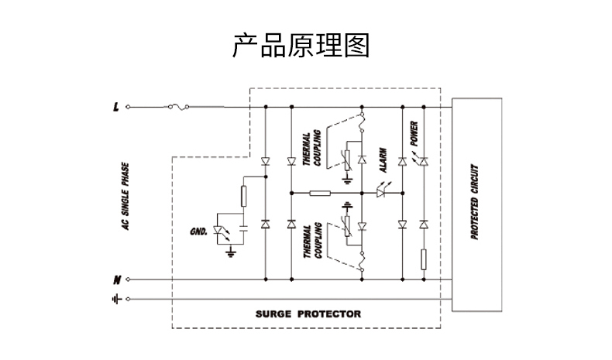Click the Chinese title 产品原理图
pyautogui.click(x=301, y=46)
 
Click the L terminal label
pyautogui.click(x=116, y=106)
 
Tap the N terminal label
pyautogui.click(x=116, y=279)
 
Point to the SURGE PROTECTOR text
pyautogui.click(x=308, y=314)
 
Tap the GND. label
pyautogui.click(x=199, y=231)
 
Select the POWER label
pyautogui.click(x=414, y=134)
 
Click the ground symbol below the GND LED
pyautogui.click(x=229, y=252)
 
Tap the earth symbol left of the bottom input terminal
pyautogui.click(x=116, y=298)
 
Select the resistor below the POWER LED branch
pyautogui.click(x=423, y=258)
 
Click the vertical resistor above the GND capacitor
pyautogui.click(x=243, y=196)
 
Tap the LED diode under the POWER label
pyautogui.click(x=423, y=161)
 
